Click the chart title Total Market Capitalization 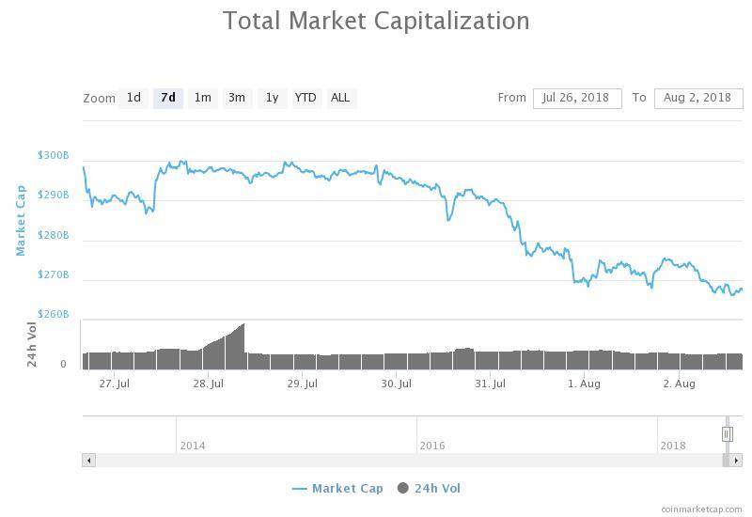376,20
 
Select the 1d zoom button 133,98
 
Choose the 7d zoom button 168,98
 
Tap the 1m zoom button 202,98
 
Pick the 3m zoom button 237,98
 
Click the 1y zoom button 272,98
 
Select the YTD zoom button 305,98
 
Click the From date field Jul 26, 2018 576,98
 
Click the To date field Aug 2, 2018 697,98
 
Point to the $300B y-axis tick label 54,155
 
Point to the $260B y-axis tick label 54,314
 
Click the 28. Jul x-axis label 208,384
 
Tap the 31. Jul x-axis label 490,384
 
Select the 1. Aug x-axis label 585,384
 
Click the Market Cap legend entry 337,488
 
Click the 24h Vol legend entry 430,488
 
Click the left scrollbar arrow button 89,461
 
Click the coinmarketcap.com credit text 701,509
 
